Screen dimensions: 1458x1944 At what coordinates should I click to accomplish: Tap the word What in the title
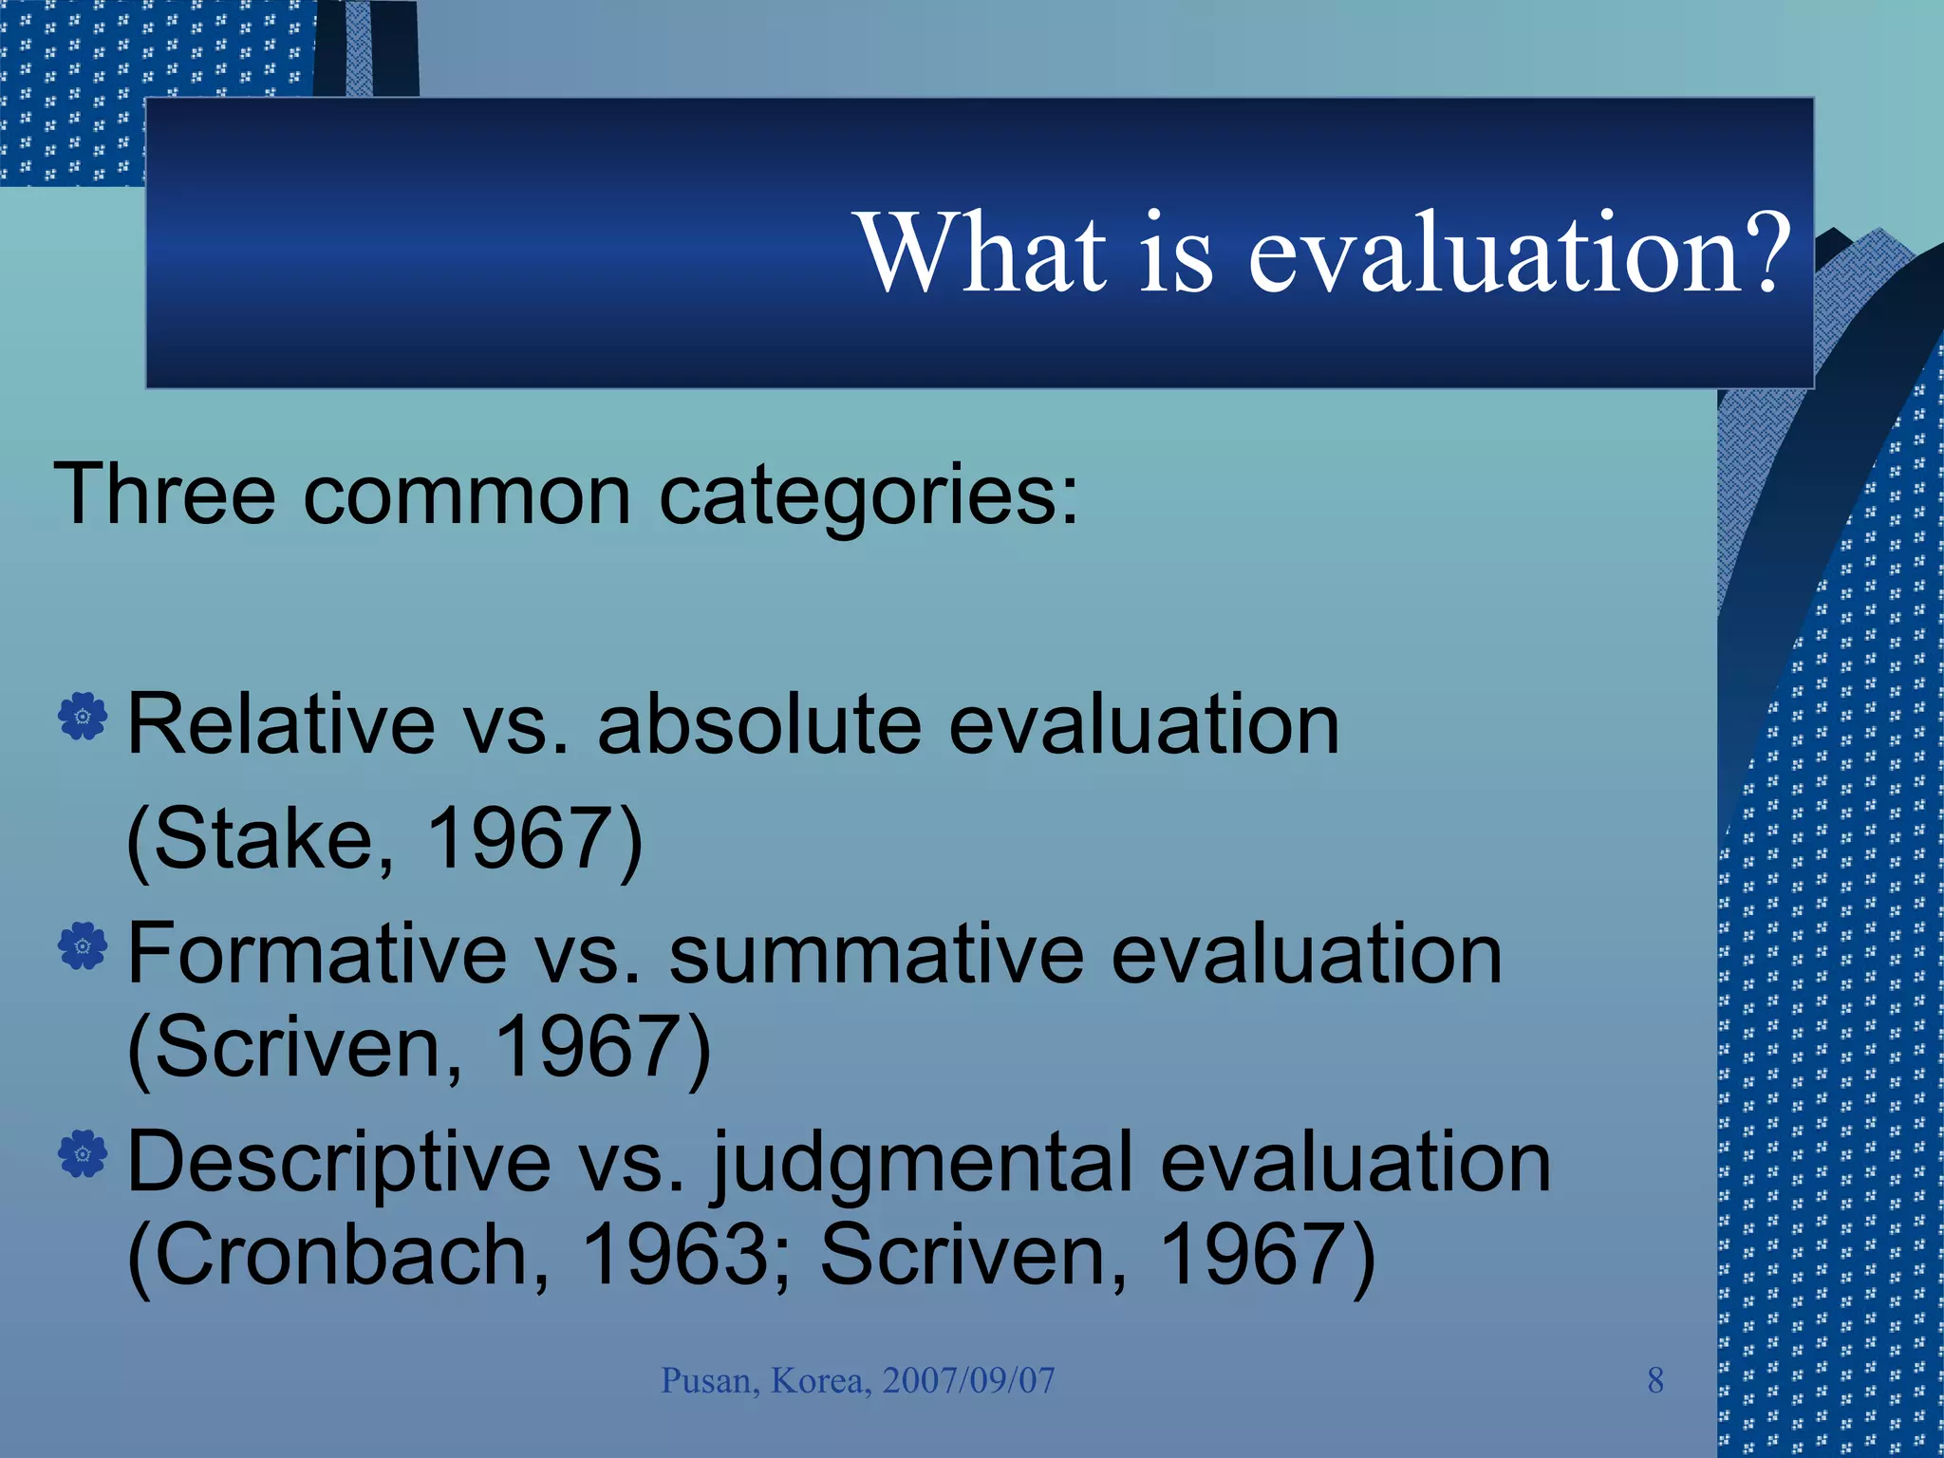[x=983, y=252]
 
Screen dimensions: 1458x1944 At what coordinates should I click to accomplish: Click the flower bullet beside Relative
[x=83, y=716]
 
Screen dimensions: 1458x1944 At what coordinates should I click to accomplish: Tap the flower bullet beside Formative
[x=83, y=945]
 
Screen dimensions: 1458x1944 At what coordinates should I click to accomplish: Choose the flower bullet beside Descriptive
[x=83, y=1154]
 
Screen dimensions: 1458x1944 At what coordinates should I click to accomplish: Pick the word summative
[x=876, y=955]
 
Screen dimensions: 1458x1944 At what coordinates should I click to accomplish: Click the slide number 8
[x=1655, y=1380]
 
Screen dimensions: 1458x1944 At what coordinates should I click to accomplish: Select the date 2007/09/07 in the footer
[x=968, y=1380]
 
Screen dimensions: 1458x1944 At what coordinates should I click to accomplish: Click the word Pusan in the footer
[x=709, y=1380]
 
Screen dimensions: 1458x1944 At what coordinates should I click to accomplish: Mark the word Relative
[x=281, y=725]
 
